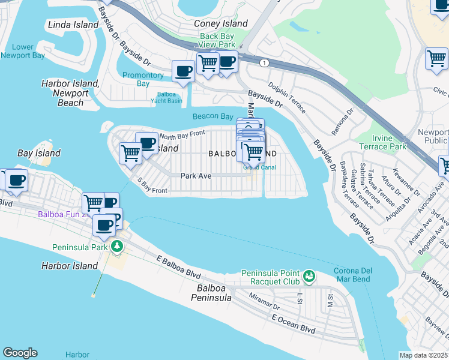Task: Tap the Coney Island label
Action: [220, 23]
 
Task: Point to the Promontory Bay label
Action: [143, 79]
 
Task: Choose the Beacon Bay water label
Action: [212, 116]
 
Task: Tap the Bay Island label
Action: [39, 153]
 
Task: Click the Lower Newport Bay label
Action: [23, 51]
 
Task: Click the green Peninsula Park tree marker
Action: [116, 247]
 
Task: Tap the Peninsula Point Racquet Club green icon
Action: [309, 275]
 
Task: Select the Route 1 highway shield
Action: [264, 62]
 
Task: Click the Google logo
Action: [20, 353]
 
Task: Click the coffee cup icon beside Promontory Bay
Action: [183, 71]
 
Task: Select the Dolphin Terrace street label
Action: [286, 97]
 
